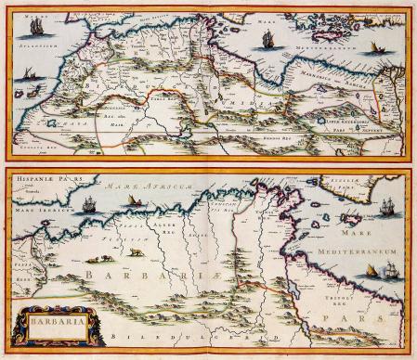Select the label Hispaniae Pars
39,177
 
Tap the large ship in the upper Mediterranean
269,39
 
